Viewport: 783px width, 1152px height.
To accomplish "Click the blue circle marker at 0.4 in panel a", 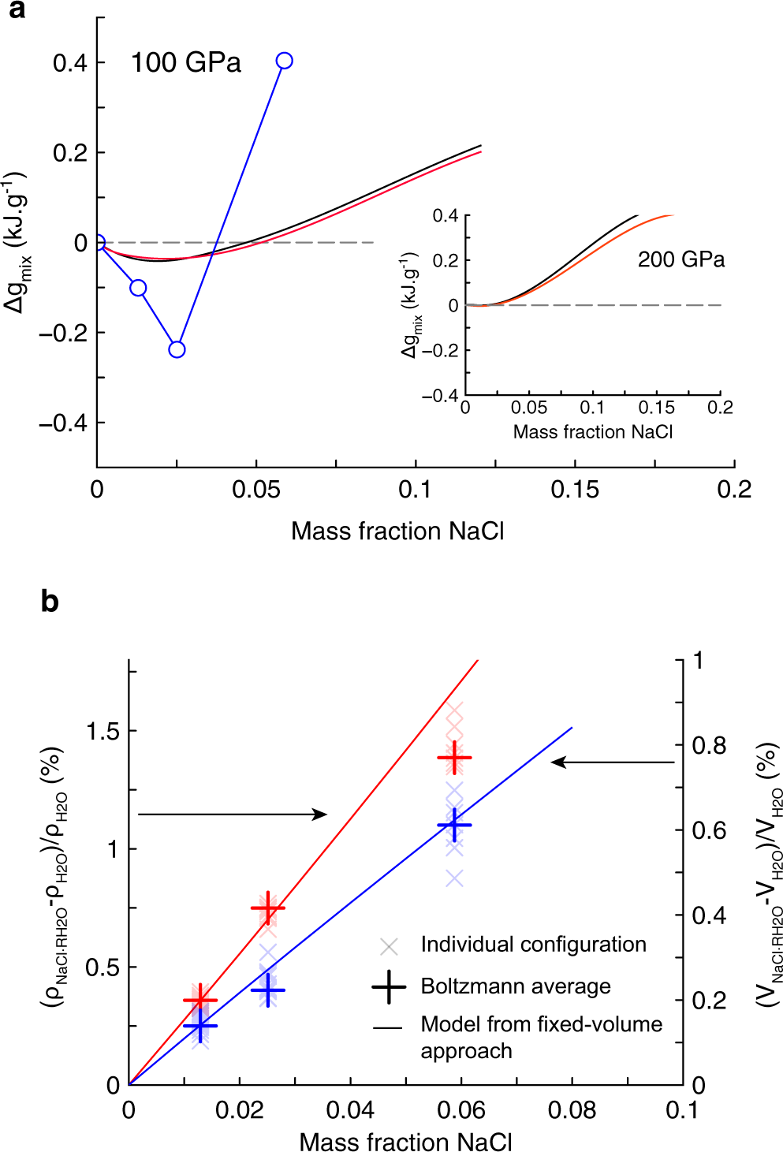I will coord(285,61).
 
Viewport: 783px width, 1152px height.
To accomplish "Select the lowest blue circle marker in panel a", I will coord(177,349).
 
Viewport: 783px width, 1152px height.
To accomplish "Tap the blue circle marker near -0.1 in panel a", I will coord(138,288).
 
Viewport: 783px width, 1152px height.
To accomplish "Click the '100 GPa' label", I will coord(186,63).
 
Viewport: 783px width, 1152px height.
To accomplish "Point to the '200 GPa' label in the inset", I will coord(681,259).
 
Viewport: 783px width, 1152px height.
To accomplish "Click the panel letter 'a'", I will coord(16,11).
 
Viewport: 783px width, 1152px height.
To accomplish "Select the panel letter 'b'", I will coord(50,602).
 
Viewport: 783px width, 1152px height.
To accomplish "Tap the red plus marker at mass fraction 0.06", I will coord(454,758).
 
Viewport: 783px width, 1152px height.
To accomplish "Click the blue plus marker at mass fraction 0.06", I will coord(454,825).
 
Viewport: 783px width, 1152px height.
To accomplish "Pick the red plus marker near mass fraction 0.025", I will coord(268,908).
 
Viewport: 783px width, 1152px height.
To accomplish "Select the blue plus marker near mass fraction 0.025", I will coord(268,990).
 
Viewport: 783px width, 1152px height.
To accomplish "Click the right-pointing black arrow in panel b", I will coord(233,814).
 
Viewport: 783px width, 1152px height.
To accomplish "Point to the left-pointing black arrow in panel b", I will coord(612,762).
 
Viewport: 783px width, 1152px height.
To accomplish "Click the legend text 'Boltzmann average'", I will coord(516,986).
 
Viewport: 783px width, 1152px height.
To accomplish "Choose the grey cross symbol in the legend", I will coord(389,945).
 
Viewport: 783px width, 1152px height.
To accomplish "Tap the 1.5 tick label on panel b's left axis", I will coord(103,731).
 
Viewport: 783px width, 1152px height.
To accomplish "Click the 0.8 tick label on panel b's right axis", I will coord(710,745).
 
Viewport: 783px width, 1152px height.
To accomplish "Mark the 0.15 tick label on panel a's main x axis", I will coord(575,490).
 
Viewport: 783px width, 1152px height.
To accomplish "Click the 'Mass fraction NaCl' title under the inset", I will coord(593,432).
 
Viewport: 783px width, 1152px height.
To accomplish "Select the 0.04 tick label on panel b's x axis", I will coord(350,1110).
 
